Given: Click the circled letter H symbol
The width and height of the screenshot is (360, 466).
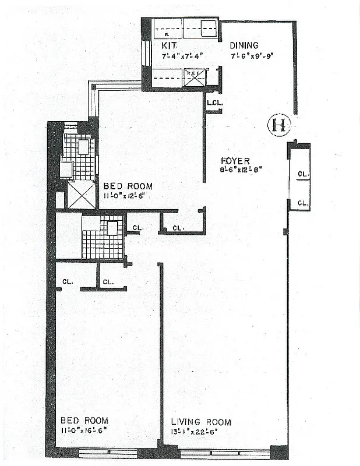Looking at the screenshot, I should point(278,125).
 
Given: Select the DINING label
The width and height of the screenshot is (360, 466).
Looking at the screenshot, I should point(243,45).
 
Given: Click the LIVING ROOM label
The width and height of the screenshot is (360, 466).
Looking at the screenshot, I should point(201,422).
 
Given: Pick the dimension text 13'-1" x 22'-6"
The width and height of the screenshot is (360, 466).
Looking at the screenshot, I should point(197,432).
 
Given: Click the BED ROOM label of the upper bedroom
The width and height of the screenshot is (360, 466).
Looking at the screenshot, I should point(128,186).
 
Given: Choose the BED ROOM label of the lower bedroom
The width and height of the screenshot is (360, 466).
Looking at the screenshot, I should point(84,421).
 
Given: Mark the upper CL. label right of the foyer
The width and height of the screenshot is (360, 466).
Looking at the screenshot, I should point(303,174).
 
